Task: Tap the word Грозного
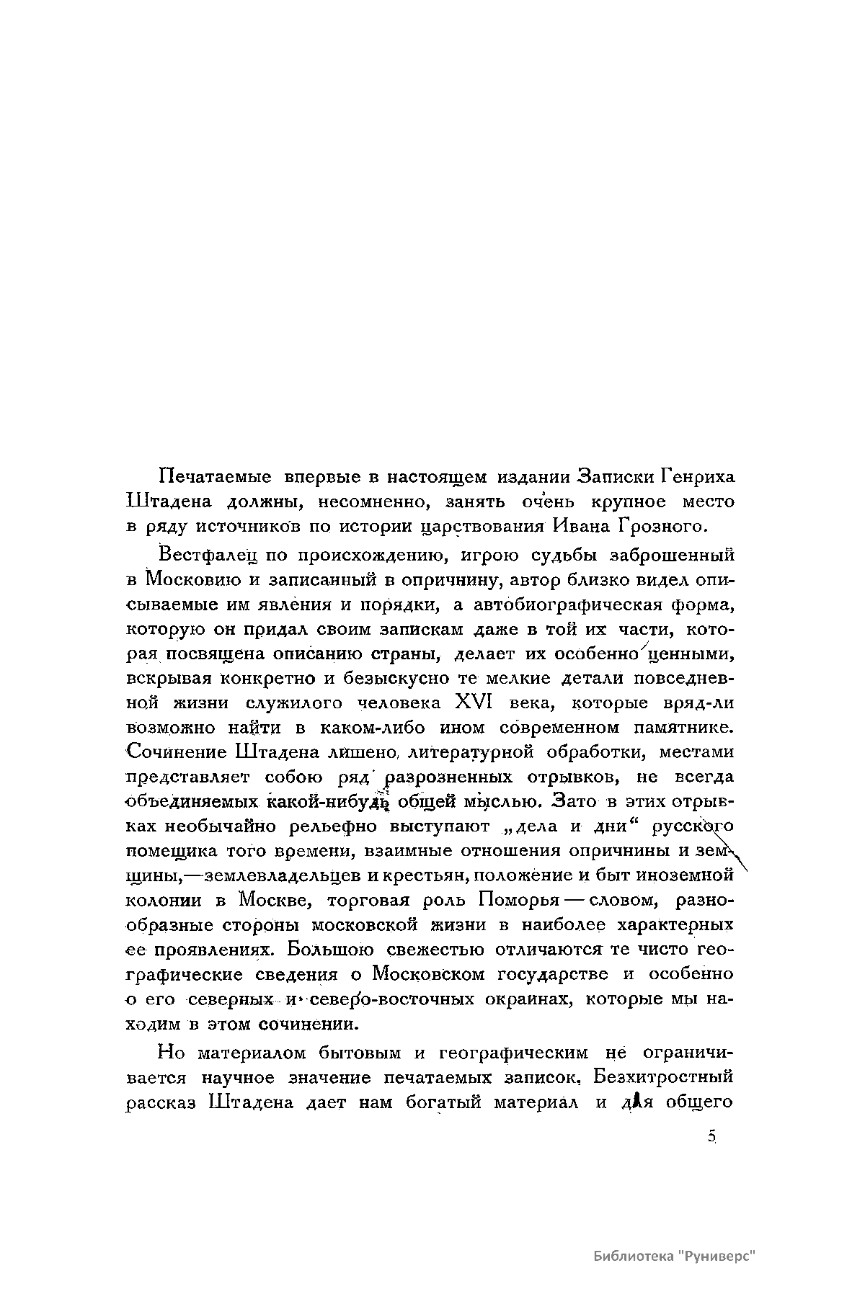(659, 526)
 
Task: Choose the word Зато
(574, 801)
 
